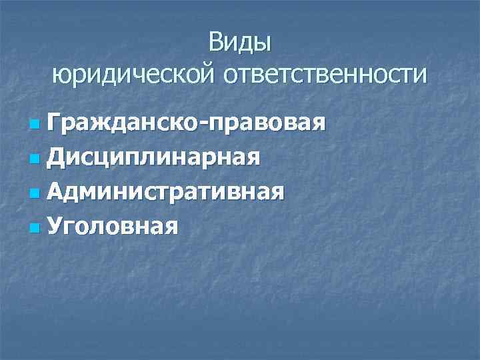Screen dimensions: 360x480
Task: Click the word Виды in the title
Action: [x=239, y=43]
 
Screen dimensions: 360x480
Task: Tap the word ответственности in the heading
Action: [x=324, y=74]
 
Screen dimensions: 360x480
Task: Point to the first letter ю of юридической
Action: [x=61, y=75]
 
